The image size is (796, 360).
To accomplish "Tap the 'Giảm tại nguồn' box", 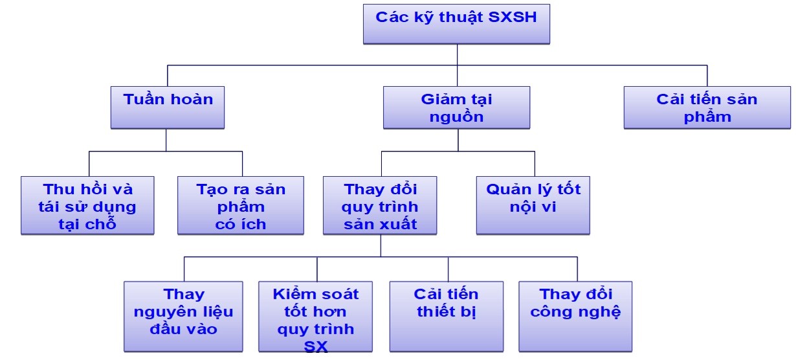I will click(x=456, y=107).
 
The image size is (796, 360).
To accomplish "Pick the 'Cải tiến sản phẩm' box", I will click(x=707, y=107).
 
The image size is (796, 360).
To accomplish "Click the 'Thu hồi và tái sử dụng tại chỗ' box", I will click(x=87, y=205).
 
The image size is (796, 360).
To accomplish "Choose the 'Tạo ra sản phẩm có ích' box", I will click(x=241, y=205).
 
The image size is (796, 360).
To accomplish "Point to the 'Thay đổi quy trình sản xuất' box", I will click(x=381, y=205).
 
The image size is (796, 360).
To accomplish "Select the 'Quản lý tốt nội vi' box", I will click(x=533, y=205).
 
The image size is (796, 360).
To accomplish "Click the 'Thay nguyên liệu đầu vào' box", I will click(x=183, y=316).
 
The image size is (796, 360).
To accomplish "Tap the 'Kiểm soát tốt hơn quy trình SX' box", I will click(x=316, y=316).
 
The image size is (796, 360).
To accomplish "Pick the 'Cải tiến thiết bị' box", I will click(x=447, y=316).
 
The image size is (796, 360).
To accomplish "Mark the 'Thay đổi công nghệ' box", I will click(x=575, y=316).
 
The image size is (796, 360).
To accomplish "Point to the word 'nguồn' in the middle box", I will click(x=456, y=117).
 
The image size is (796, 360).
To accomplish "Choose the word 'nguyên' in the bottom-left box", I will click(x=158, y=311).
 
